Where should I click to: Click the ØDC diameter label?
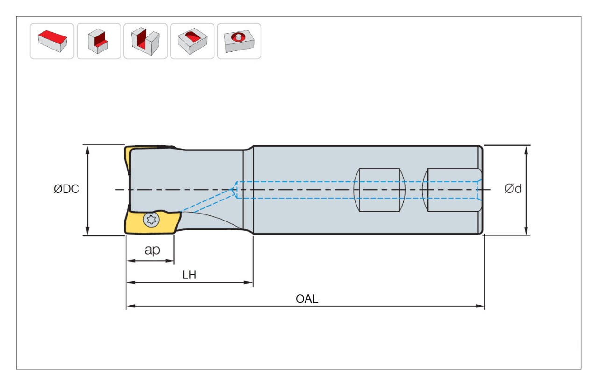[66, 189]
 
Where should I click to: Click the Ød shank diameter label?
[513, 189]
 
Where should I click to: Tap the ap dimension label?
[152, 250]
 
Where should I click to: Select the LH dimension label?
[189, 275]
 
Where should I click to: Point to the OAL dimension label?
[307, 299]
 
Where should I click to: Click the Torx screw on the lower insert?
[150, 219]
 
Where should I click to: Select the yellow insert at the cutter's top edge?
[127, 159]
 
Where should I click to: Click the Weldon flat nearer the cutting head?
[378, 190]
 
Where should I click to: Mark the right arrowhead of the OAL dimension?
[481, 306]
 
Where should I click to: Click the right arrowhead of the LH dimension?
[249, 282]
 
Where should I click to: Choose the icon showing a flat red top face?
[52, 41]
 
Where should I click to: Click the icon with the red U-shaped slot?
[145, 41]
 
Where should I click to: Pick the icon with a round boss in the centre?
[239, 41]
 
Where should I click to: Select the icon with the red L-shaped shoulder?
[99, 41]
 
